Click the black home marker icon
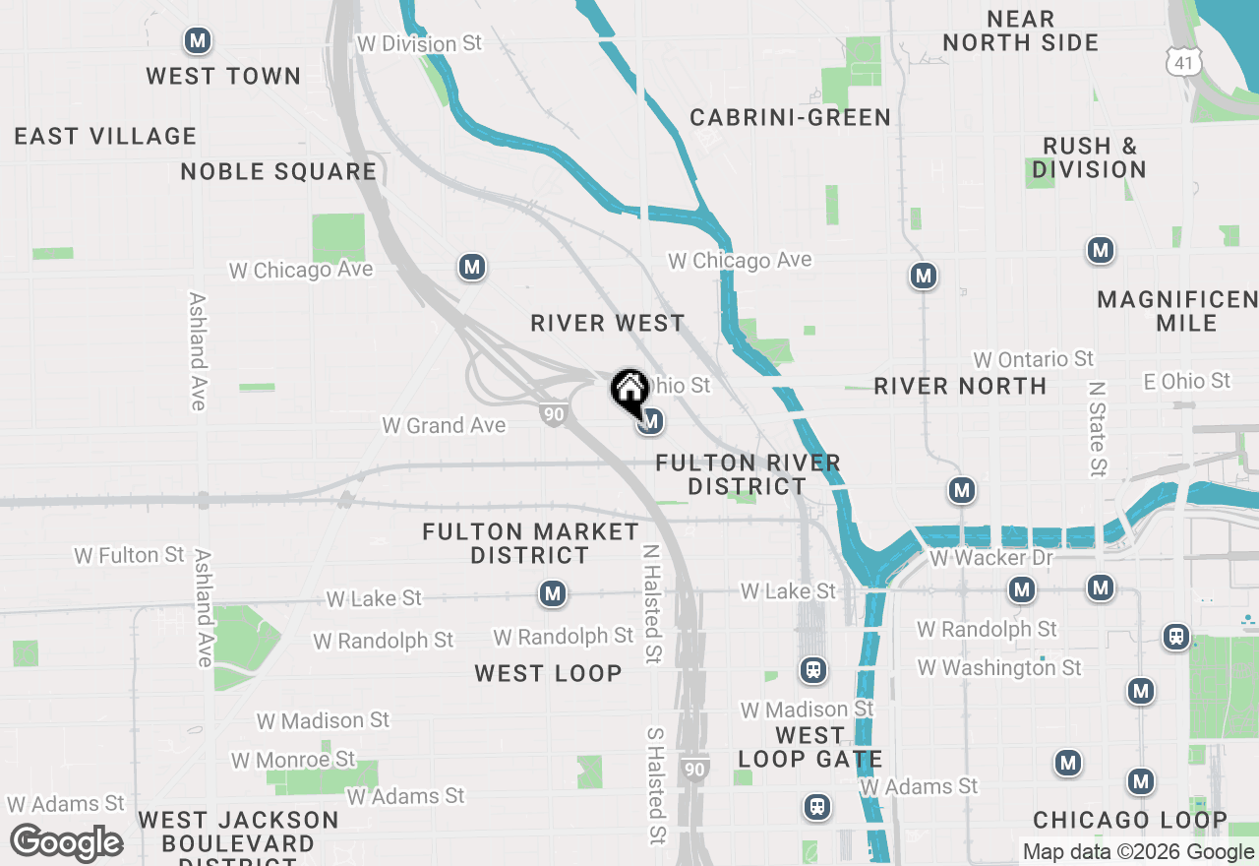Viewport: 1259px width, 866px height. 629,390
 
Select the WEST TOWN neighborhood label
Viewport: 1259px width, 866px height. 223,76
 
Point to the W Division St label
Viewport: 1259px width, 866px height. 420,44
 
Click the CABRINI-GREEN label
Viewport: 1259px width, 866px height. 790,117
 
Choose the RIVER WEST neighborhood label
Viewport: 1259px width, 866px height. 607,323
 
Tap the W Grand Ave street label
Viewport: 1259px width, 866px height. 444,425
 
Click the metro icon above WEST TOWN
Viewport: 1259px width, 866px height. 198,41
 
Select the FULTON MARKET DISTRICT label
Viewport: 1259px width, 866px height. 530,543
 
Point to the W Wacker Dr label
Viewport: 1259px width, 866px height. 990,558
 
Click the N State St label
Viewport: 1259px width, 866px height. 1097,430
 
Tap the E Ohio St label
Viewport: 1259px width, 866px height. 1186,381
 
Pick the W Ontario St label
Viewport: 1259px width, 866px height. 1033,359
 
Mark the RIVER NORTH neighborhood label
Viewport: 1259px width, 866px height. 960,386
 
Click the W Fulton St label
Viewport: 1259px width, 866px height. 130,556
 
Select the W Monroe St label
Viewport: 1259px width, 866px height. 293,760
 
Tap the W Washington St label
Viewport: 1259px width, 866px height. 999,668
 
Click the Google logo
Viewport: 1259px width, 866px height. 66,843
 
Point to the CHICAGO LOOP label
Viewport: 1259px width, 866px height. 1130,820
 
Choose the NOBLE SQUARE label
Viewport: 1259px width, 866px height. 278,171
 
